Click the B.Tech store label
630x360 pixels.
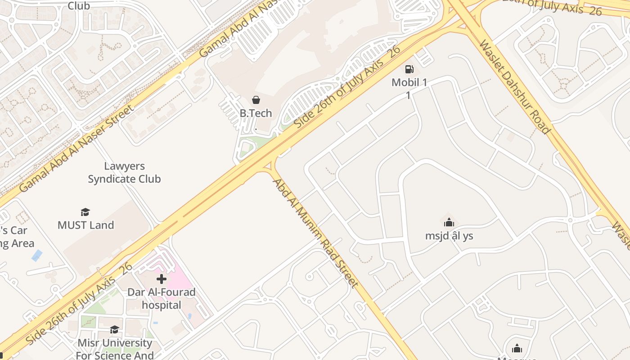coord(256,113)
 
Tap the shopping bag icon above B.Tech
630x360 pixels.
coord(256,99)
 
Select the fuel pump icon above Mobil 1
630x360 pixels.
coord(409,69)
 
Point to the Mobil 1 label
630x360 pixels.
coord(409,83)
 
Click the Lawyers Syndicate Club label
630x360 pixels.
coord(124,173)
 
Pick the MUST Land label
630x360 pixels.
coord(85,225)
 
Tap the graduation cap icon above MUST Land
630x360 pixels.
coord(85,212)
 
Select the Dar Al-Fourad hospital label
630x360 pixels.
coord(162,298)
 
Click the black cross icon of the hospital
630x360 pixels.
coord(162,279)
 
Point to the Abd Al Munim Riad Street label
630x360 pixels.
coord(316,233)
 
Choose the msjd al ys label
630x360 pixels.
coord(449,236)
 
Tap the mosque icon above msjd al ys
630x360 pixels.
coord(449,222)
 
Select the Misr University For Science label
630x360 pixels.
coord(115,349)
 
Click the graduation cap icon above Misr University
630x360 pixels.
coord(115,330)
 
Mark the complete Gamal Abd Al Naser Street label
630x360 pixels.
coord(76,148)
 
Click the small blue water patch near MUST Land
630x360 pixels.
coord(37,256)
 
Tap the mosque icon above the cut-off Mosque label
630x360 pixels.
coord(517,348)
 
